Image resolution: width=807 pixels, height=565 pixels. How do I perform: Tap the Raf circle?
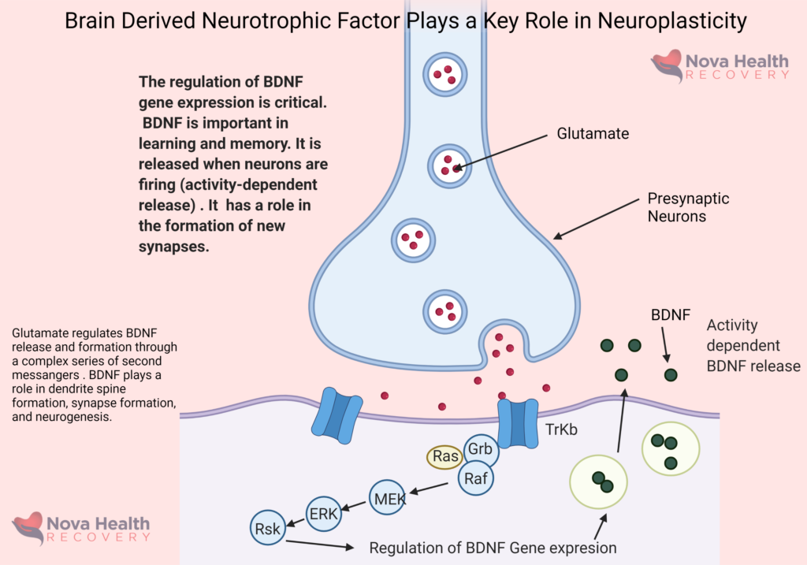pyautogui.click(x=474, y=478)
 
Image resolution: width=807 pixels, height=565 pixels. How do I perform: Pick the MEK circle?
pyautogui.click(x=389, y=498)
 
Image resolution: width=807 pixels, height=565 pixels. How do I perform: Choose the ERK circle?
pyautogui.click(x=323, y=514)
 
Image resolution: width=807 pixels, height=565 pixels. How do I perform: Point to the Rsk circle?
pyautogui.click(x=267, y=530)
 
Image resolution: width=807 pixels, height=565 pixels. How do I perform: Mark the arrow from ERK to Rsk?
pyautogui.click(x=296, y=522)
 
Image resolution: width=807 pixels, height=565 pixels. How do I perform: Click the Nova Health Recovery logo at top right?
pyautogui.click(x=720, y=66)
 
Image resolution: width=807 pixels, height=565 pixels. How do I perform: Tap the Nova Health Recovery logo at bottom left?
pyautogui.click(x=81, y=527)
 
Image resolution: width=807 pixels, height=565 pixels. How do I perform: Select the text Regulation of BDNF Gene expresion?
pyautogui.click(x=493, y=548)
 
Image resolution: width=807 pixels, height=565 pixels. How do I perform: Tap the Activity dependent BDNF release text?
pyautogui.click(x=753, y=346)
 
